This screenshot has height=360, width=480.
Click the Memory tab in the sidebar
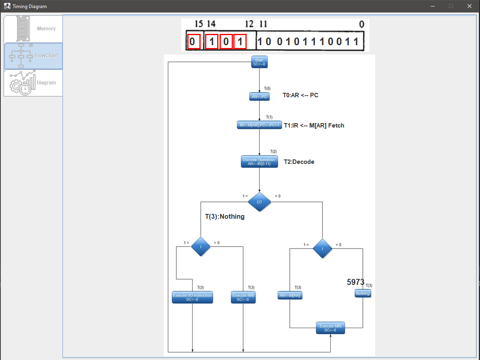click(34, 29)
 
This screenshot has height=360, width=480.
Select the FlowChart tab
click(34, 56)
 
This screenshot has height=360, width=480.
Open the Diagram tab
click(34, 83)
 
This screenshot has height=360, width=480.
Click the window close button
click(469, 6)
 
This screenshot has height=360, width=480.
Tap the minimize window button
click(432, 6)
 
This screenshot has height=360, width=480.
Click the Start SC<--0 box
click(259, 62)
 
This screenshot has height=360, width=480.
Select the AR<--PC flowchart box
click(259, 96)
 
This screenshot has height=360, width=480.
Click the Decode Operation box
click(259, 161)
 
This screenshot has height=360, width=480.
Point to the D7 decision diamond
click(259, 202)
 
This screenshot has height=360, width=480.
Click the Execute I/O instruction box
click(192, 297)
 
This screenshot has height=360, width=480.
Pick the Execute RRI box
click(243, 297)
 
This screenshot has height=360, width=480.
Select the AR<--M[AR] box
click(290, 295)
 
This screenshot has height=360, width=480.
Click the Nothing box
click(363, 293)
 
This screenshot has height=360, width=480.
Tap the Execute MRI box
click(330, 328)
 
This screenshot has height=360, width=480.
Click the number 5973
click(355, 282)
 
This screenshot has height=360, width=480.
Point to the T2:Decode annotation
click(299, 162)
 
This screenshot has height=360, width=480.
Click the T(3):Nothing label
click(224, 217)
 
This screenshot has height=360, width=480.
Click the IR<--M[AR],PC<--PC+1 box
click(259, 125)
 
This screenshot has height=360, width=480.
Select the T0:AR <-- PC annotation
click(300, 95)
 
